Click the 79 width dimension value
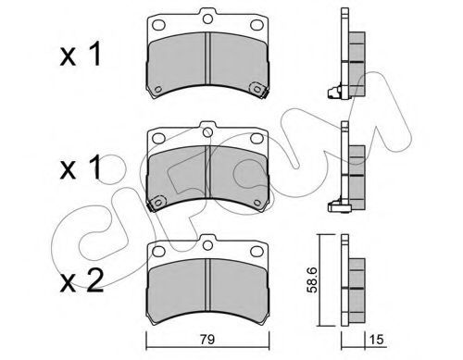[x=207, y=340]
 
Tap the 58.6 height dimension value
[x=312, y=279]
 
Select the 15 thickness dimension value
[x=376, y=340]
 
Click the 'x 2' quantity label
[x=81, y=281]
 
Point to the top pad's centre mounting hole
[x=207, y=19]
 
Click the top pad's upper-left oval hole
[x=159, y=25]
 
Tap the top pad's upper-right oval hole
[x=256, y=25]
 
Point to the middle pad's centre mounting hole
[x=207, y=132]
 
